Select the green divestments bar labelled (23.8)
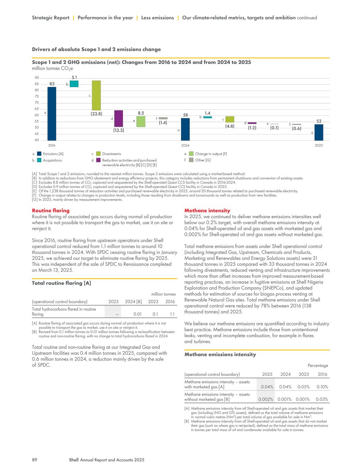pyautogui.click(x=96, y=95)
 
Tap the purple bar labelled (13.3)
pyautogui.click(x=118, y=119)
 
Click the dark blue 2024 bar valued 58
pyautogui.click(x=185, y=129)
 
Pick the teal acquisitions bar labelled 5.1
pyautogui.click(x=74, y=84)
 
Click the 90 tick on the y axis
pyautogui.click(x=37, y=78)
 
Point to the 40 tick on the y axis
pyautogui.click(x=37, y=140)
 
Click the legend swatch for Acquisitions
pyautogui.click(x=39, y=160)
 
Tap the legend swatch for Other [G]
pyautogui.click(x=191, y=160)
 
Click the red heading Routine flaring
pyautogui.click(x=50, y=211)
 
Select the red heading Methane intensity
pyautogui.click(x=207, y=211)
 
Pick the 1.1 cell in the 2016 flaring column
pyautogui.click(x=171, y=314)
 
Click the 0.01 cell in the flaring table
pyautogui.click(x=137, y=314)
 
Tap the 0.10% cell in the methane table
pyautogui.click(x=322, y=387)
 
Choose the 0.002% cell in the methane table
pyautogui.click(x=266, y=399)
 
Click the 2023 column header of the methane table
pyautogui.click(x=304, y=374)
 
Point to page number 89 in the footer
pyautogui.click(x=35, y=460)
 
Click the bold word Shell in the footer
pyautogui.click(x=74, y=460)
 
